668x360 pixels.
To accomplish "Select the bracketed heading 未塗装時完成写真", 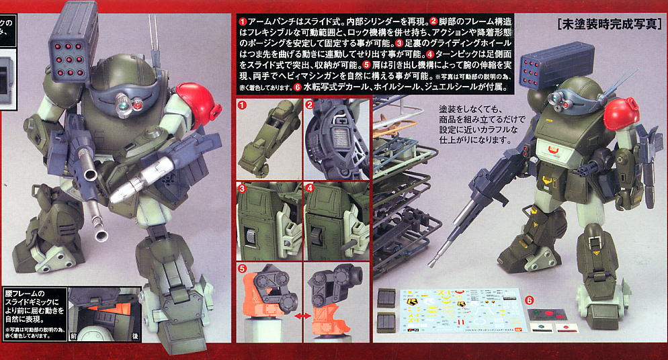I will click(610, 26).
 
